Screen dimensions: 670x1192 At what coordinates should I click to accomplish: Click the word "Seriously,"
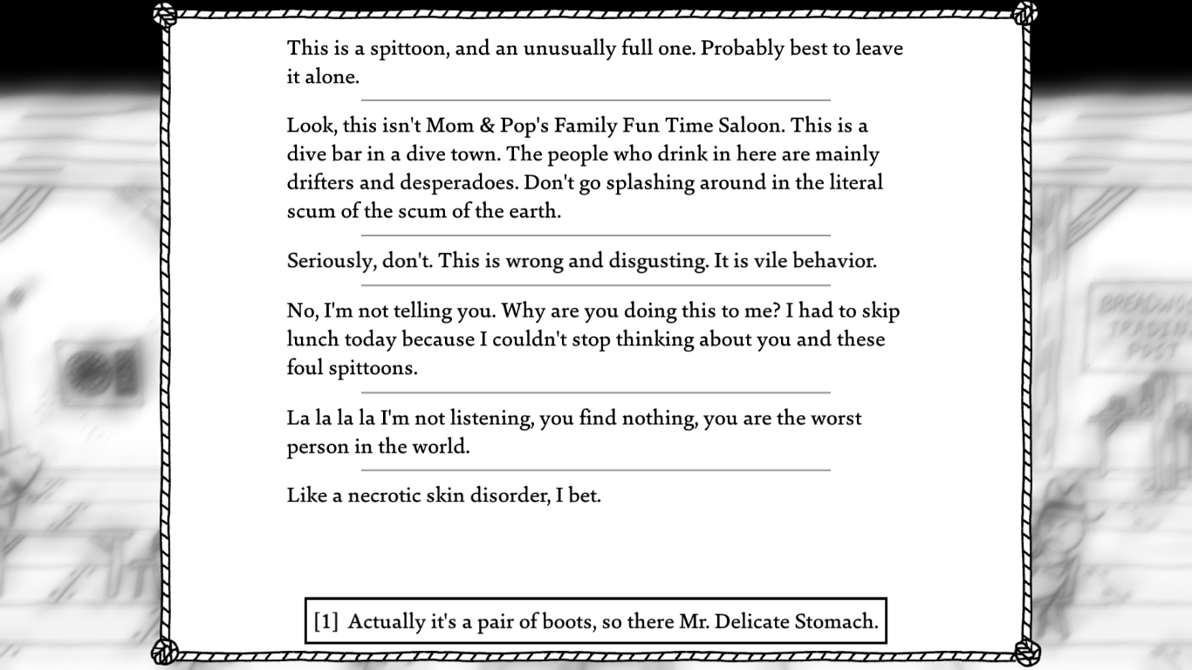[332, 262]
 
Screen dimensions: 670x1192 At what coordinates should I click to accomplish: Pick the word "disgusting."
[653, 262]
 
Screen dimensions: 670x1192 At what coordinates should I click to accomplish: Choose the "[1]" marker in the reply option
[326, 622]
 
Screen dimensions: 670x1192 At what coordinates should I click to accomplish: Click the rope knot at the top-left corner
[164, 14]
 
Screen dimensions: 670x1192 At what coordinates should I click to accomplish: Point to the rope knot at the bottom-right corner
[1026, 652]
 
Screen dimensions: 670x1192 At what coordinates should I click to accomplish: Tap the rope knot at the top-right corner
[1026, 12]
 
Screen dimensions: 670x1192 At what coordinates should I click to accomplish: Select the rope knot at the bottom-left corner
[164, 652]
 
